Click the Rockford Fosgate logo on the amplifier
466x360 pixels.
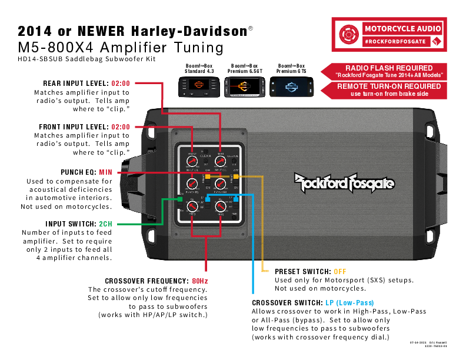click(344, 182)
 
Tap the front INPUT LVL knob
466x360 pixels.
click(192, 161)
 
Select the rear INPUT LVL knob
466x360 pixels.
click(220, 161)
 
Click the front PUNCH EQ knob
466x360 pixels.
click(192, 184)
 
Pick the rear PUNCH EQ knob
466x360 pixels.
click(220, 184)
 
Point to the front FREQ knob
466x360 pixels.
click(192, 206)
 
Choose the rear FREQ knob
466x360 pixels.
click(220, 206)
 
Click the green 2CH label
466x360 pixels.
click(105, 224)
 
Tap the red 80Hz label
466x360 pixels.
click(200, 281)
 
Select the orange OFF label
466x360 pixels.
click(340, 272)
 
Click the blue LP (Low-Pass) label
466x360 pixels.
click(349, 303)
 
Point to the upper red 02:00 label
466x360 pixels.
click(121, 83)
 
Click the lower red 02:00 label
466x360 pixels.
click(121, 127)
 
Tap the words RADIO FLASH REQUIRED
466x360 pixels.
click(389, 68)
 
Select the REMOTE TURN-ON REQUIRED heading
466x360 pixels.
click(389, 86)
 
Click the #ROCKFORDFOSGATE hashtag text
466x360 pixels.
click(394, 41)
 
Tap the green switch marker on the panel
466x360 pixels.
click(181, 199)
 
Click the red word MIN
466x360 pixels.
click(105, 172)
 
